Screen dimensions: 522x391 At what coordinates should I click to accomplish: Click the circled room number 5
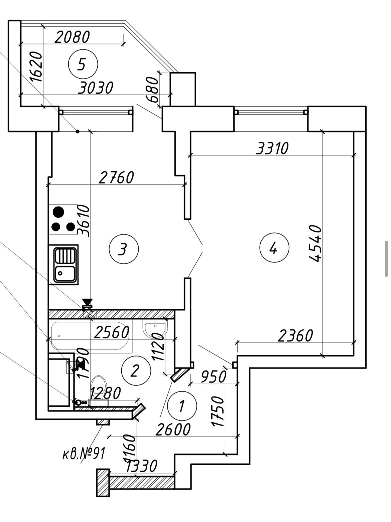tap(83, 64)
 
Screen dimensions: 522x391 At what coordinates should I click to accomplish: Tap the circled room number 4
tap(274, 248)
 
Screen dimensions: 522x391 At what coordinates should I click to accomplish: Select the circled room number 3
tap(124, 249)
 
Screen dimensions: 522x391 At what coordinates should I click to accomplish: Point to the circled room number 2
tap(136, 371)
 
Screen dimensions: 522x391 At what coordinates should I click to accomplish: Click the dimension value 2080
tap(72, 37)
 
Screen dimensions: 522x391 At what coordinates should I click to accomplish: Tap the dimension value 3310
tap(272, 148)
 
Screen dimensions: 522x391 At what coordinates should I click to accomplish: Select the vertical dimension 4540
tap(315, 243)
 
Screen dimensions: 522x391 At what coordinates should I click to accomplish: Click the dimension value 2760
tap(116, 178)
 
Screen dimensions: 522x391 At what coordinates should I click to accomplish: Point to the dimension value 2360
tap(295, 336)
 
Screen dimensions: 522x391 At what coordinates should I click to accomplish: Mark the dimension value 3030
tap(96, 88)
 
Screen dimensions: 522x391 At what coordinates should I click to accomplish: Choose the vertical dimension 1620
tap(36, 67)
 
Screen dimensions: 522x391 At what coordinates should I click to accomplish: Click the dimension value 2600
tap(173, 429)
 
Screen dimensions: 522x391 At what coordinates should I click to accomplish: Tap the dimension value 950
tap(213, 377)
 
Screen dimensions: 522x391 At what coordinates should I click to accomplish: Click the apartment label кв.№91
tap(84, 454)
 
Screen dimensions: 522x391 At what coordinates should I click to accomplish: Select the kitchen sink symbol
tap(66, 265)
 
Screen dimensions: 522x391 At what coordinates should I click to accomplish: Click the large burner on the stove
tap(58, 212)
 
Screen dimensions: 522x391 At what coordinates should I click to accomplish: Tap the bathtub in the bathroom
tap(90, 335)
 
